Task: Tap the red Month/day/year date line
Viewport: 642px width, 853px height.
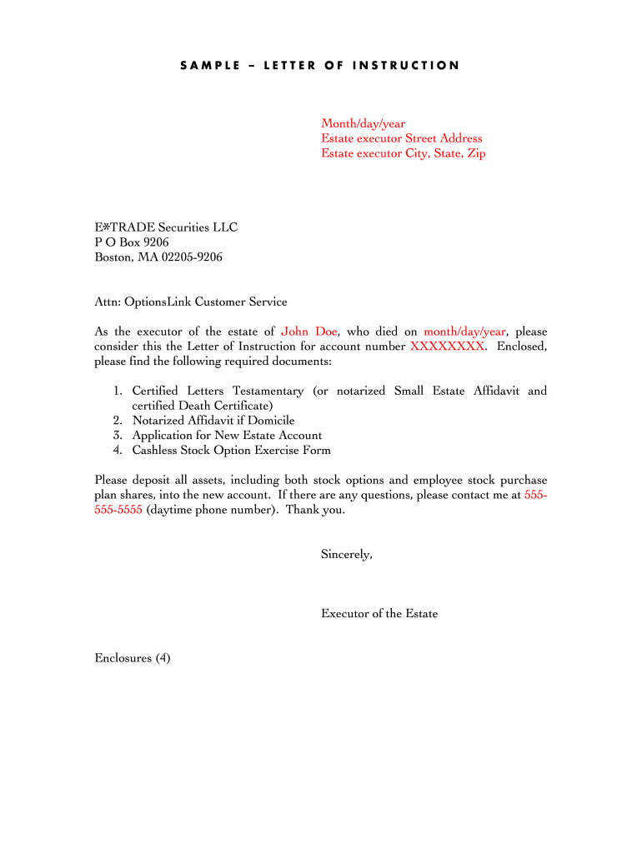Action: [364, 124]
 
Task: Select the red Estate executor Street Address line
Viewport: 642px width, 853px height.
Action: [402, 138]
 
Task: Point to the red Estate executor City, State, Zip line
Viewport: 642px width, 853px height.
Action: [404, 153]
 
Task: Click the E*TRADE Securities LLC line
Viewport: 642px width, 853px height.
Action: [166, 227]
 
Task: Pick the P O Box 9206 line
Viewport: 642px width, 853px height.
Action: [132, 242]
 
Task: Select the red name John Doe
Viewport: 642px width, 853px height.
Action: [308, 332]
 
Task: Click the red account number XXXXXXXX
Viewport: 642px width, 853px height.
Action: [447, 346]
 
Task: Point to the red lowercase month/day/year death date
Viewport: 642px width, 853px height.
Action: [464, 332]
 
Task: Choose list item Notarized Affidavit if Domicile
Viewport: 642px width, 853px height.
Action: [213, 421]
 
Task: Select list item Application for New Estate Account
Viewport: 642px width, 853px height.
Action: [227, 436]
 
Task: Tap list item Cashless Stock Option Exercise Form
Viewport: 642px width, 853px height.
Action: [231, 451]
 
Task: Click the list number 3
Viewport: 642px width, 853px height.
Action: [118, 436]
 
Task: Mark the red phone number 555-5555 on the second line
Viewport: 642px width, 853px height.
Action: [118, 510]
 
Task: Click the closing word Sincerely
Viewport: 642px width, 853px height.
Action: [347, 554]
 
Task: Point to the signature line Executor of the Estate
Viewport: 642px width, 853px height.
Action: [379, 614]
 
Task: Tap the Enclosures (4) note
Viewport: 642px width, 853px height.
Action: [133, 658]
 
